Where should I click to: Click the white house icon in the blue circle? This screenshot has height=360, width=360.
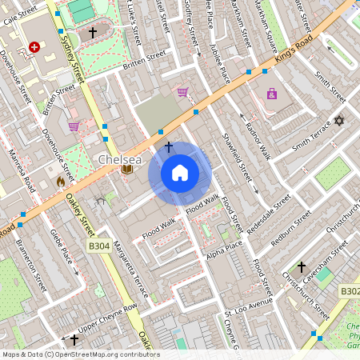click(x=180, y=173)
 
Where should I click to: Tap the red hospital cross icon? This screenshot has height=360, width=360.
click(x=34, y=47)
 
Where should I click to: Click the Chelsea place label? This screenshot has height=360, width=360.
click(x=120, y=159)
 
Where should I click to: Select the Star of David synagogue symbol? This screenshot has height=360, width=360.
click(x=338, y=121)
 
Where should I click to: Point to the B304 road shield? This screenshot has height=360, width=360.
click(x=98, y=246)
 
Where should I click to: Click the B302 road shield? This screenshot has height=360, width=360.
click(x=349, y=291)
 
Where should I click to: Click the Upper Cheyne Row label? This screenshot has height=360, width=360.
click(x=108, y=315)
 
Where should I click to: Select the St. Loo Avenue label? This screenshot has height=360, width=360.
click(x=249, y=308)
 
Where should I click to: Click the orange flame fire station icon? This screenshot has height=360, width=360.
click(x=60, y=182)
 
